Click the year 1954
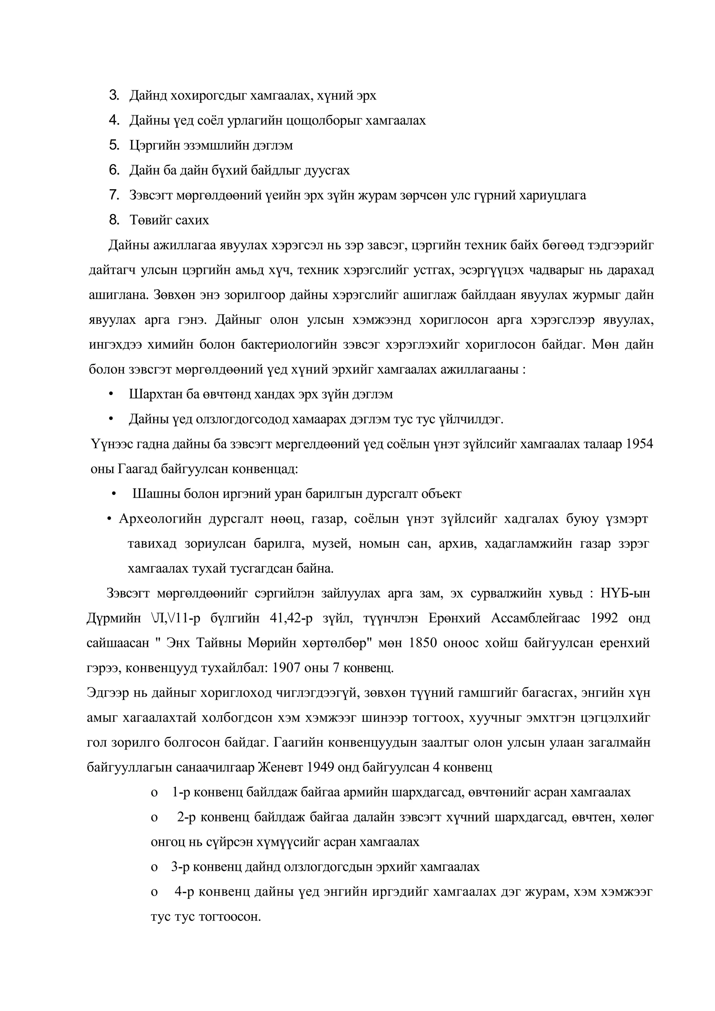[x=639, y=444]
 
